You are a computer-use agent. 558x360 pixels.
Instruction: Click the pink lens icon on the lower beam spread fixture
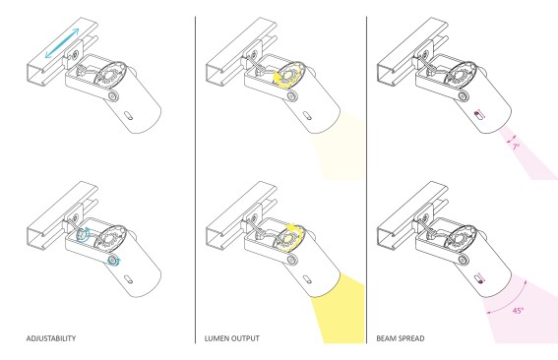pyautogui.click(x=477, y=276)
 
